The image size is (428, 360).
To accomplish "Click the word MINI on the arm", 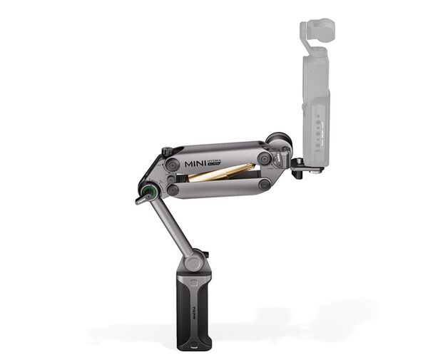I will [199, 163].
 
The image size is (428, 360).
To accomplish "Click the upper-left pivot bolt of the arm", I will [171, 164].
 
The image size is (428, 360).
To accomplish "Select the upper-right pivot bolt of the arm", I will [265, 158].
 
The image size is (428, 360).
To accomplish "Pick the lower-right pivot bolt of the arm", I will [265, 184].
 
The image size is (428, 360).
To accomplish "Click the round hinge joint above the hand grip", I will [193, 261].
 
